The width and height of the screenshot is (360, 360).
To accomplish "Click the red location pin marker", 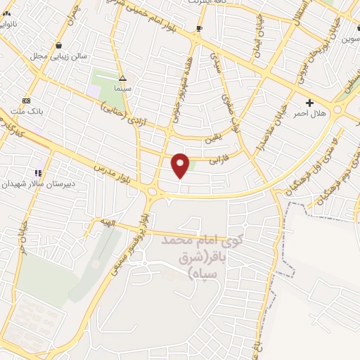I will click(181, 165).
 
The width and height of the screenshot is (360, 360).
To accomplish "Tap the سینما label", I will click(122, 90).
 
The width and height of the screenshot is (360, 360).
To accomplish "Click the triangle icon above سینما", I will click(122, 79).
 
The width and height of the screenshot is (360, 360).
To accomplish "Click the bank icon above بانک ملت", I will click(27, 100).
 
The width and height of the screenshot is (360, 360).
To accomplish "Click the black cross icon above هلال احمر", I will click(309, 103).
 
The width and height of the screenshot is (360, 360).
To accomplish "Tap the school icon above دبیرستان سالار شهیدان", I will click(38, 172).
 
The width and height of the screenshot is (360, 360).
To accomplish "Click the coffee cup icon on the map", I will click(200, 29).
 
